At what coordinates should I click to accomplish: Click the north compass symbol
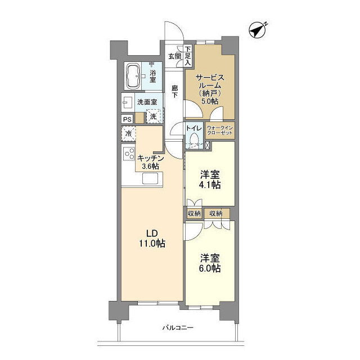[x=258, y=30]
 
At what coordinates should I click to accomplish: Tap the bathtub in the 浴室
[x=133, y=76]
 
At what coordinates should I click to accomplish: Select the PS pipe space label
[x=127, y=119]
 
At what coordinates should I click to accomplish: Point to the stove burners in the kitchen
[x=129, y=154]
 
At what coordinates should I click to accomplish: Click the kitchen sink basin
[x=150, y=178]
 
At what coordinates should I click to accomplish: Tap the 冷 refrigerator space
[x=129, y=133]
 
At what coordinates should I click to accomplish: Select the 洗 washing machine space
[x=154, y=116]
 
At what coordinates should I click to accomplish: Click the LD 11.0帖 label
[x=152, y=238]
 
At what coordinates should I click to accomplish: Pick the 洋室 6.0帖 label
[x=210, y=263]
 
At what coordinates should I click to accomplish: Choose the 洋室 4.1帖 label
[x=210, y=179]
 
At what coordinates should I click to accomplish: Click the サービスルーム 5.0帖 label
[x=210, y=89]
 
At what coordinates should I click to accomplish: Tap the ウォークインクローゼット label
[x=220, y=130]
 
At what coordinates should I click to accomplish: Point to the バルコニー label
[x=178, y=327]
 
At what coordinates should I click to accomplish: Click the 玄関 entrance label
[x=174, y=56]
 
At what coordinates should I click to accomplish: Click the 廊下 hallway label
[x=175, y=91]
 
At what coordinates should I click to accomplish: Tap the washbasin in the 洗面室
[x=128, y=102]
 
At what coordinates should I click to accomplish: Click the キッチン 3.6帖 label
[x=150, y=162]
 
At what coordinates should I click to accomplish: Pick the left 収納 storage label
[x=194, y=214]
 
